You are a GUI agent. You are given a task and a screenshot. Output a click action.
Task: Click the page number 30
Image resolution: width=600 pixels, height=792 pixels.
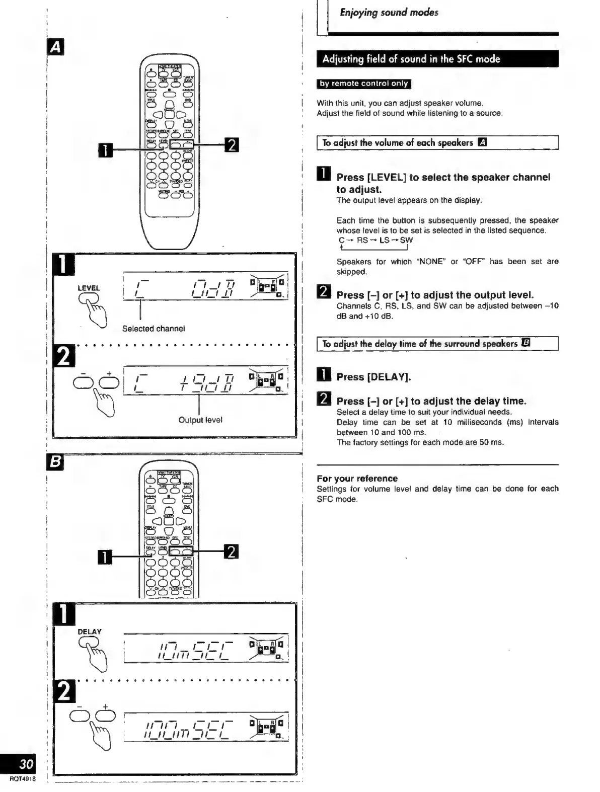point(26,765)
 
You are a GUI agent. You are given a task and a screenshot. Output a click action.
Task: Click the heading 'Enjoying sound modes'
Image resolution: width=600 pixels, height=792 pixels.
point(389,13)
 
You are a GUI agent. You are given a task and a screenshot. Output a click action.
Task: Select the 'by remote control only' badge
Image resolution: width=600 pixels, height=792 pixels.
point(363,84)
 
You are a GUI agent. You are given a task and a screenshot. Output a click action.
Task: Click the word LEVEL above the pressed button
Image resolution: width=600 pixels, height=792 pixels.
point(89,288)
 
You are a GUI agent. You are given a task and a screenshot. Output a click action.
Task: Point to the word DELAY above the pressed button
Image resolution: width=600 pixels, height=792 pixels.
point(90,631)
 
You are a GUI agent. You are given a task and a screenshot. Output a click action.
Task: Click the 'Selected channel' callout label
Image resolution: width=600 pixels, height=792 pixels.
point(154,329)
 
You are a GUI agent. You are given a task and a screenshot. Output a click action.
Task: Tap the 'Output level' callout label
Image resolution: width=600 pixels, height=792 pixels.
point(200,420)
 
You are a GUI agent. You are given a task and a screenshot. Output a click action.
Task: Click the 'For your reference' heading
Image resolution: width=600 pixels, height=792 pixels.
point(357,479)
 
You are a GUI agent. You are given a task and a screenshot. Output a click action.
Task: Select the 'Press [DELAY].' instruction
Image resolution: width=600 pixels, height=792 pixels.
point(373,377)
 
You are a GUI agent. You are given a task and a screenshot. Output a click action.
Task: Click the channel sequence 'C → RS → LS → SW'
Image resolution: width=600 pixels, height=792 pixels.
point(376,241)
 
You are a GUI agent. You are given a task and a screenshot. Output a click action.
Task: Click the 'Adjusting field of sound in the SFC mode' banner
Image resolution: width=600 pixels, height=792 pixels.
point(411,59)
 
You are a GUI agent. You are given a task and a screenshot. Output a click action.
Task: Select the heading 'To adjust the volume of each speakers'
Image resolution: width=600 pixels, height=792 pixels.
point(398,143)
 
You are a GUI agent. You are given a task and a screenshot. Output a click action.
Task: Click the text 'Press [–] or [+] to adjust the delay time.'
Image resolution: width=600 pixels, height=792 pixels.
point(431,401)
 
